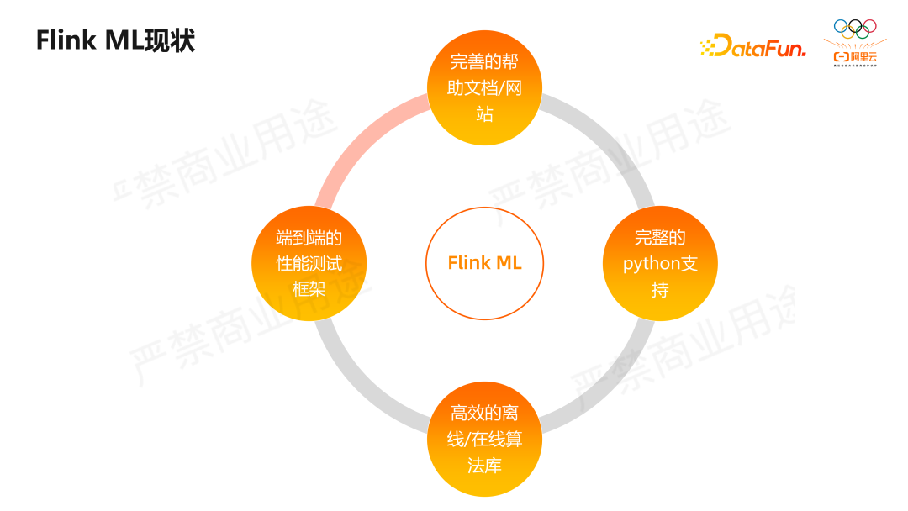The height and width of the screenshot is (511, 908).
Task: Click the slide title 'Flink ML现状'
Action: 115,40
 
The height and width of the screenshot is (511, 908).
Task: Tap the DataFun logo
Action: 752,46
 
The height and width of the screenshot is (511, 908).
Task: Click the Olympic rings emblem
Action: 854,29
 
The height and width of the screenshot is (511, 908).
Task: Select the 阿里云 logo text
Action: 854,57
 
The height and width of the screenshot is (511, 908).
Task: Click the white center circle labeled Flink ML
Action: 484,263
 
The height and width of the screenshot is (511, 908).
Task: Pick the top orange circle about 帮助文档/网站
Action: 484,87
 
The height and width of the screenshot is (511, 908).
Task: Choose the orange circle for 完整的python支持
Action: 660,263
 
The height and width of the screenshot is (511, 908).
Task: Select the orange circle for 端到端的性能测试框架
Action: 309,263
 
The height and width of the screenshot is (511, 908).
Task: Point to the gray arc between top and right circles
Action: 609,139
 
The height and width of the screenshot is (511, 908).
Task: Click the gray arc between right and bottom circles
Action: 609,387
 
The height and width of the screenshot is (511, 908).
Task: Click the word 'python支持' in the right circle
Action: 660,263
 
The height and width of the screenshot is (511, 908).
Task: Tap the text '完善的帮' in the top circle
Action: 484,61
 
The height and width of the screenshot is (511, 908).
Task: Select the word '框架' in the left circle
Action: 309,289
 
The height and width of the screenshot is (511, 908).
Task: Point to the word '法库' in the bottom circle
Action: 484,465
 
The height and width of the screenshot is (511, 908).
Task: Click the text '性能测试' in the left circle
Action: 309,263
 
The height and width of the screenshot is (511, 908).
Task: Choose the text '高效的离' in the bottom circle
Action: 484,413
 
